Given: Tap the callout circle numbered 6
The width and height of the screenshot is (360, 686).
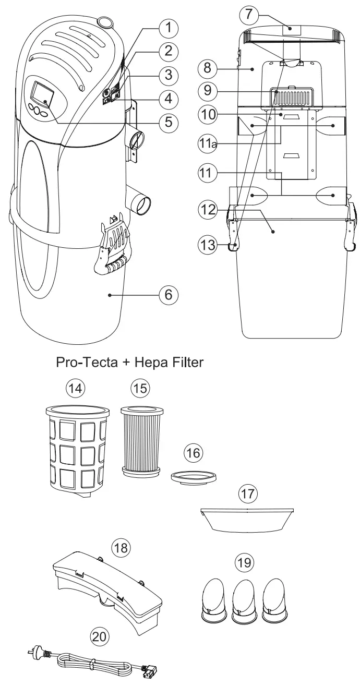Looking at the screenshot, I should [x=169, y=294].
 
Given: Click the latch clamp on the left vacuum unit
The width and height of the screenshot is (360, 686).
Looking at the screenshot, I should [x=115, y=245].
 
